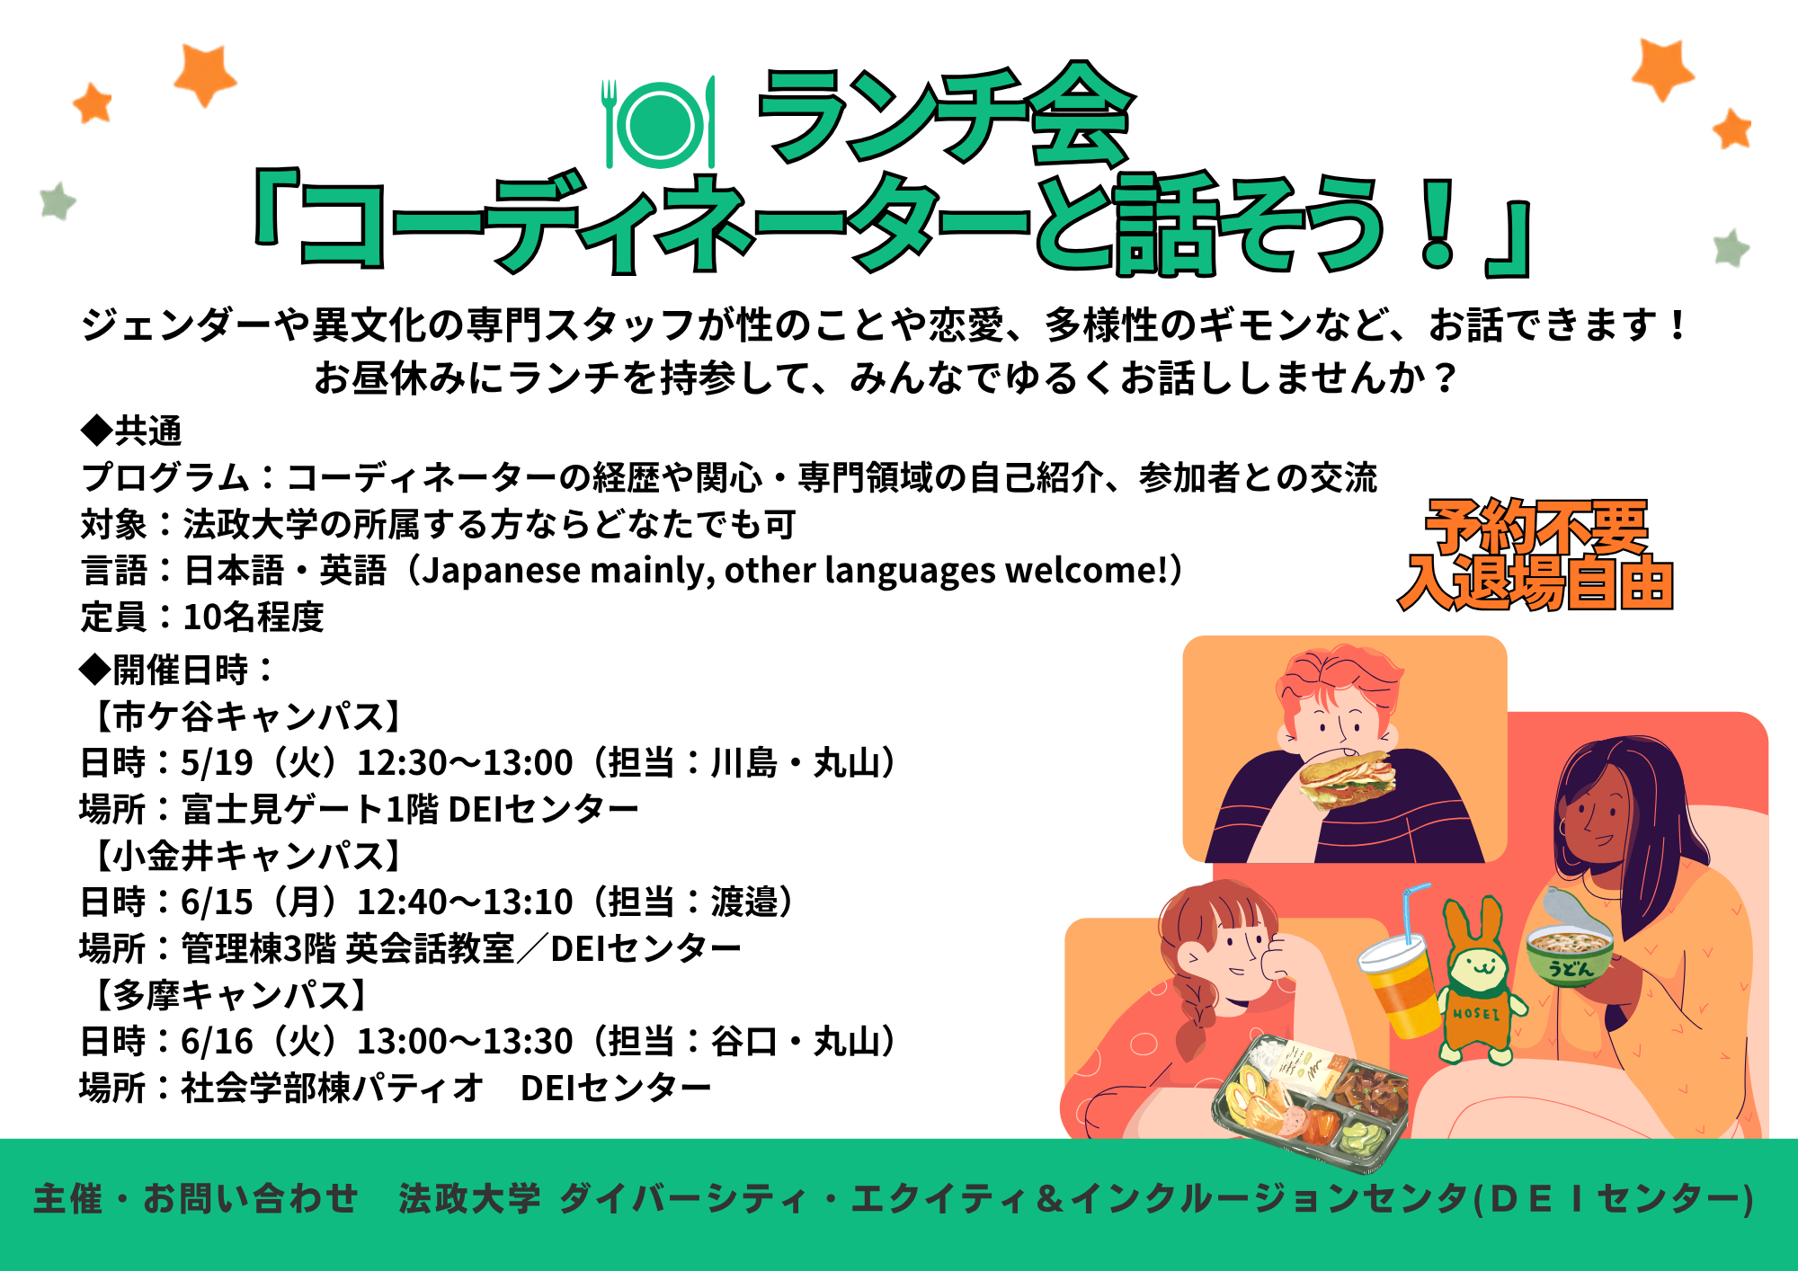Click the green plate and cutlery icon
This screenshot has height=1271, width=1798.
tap(659, 123)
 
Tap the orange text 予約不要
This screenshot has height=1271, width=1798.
tap(1536, 527)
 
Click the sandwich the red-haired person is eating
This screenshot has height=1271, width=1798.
tap(1347, 779)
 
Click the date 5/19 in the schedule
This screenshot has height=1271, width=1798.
tap(217, 763)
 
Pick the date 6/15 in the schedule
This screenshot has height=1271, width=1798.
tap(217, 902)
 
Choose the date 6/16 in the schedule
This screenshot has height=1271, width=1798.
tap(217, 1042)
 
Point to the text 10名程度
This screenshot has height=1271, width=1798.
tap(254, 618)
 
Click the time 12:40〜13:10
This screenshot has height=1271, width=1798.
tap(465, 902)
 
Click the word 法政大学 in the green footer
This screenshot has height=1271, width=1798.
tap(470, 1199)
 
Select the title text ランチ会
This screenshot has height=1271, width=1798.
tap(944, 115)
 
